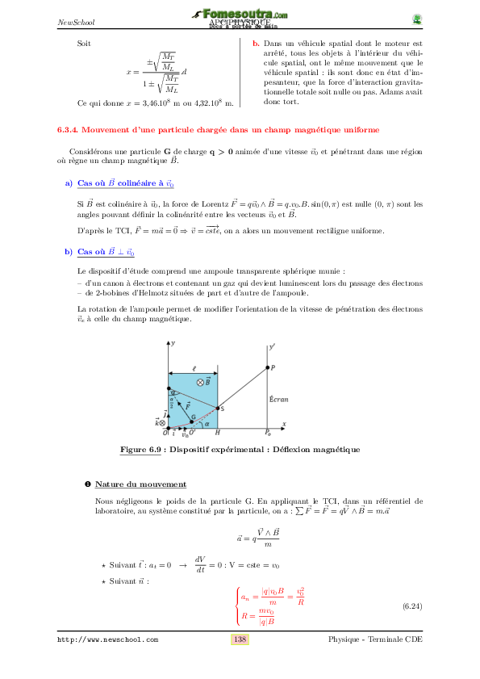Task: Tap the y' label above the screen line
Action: coord(273,346)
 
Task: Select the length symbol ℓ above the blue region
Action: coord(194,345)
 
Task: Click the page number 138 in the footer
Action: coord(240,639)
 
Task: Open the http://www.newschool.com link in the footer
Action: coord(107,640)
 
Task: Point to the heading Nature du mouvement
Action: coord(140,484)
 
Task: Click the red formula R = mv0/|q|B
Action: coord(259,616)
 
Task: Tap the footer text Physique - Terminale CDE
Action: coord(375,640)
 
